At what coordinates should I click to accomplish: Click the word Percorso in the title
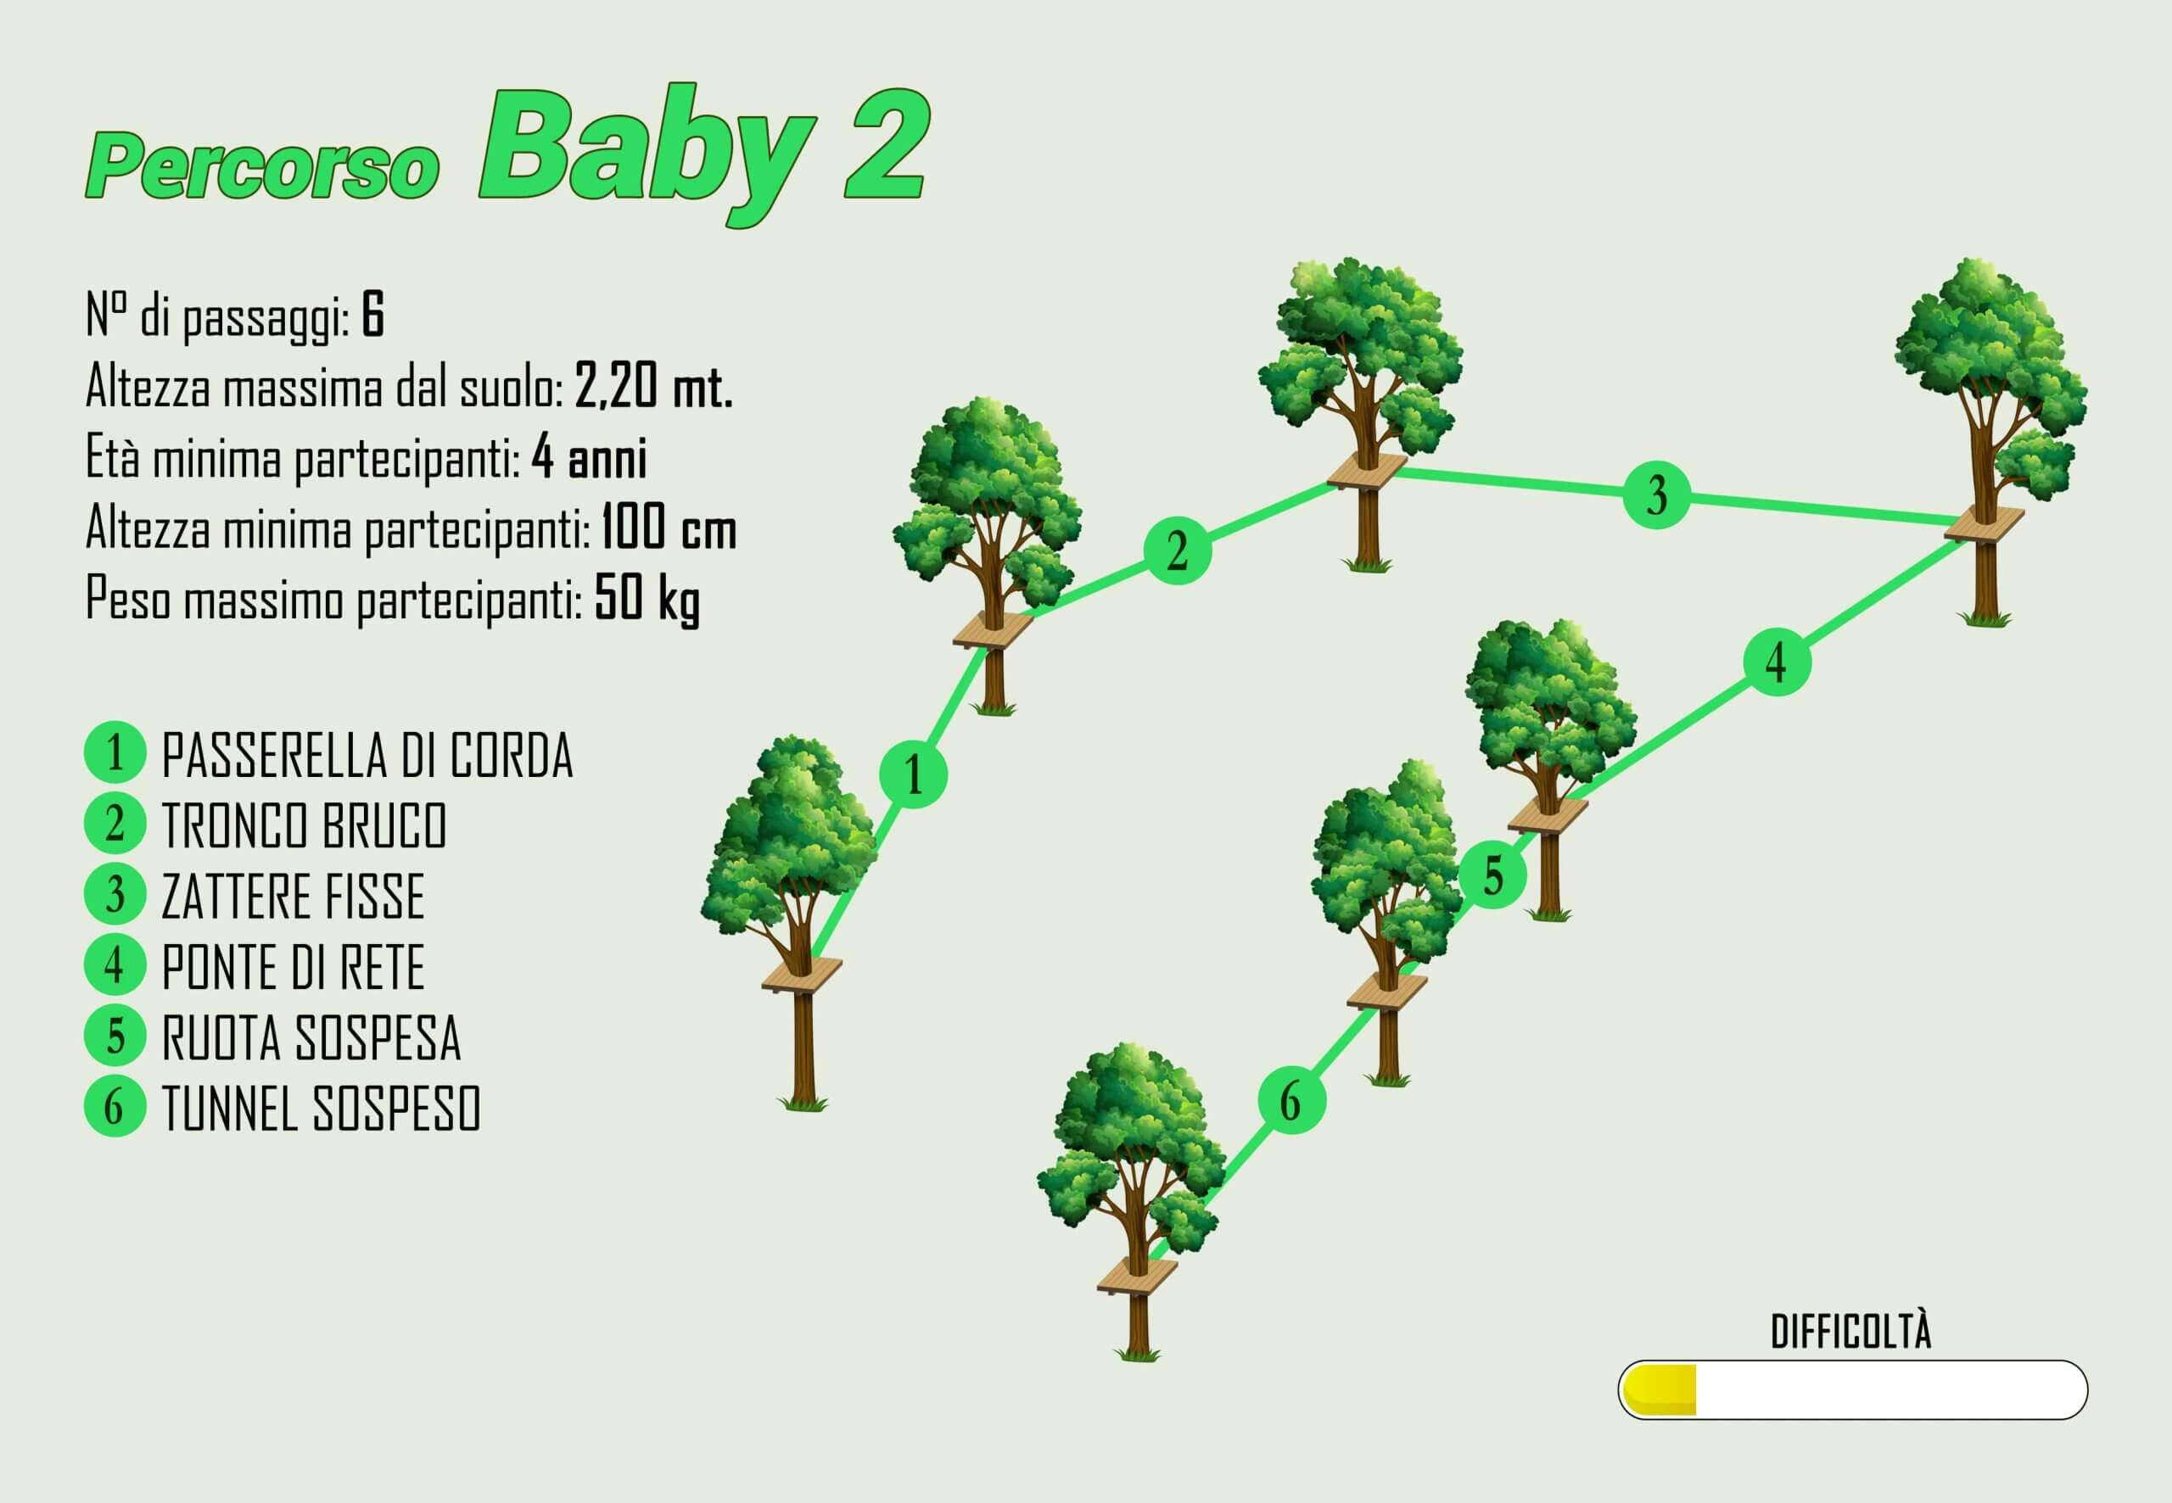(x=263, y=165)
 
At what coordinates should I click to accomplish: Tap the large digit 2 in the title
(x=887, y=146)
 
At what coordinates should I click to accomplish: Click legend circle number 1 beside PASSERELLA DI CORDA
(x=115, y=753)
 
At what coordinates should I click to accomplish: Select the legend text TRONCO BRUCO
(x=305, y=826)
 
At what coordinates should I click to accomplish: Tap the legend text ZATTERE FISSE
(x=293, y=896)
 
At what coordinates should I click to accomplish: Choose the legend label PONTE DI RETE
(x=293, y=966)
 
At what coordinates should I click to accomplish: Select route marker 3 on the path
(x=1657, y=494)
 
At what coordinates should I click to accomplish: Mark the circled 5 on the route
(x=1494, y=876)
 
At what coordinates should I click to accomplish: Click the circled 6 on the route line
(x=1291, y=1100)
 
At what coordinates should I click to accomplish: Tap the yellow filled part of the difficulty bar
(x=1660, y=1389)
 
